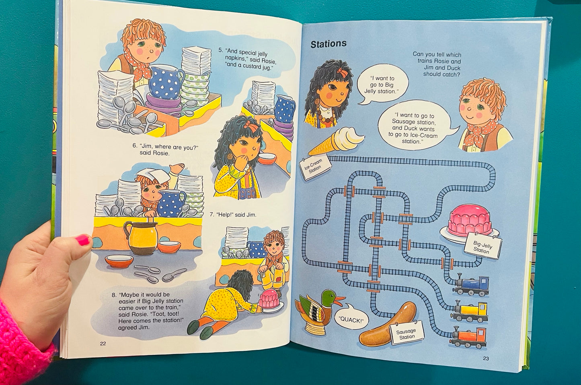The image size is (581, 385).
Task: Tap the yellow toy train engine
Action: pos(470,312)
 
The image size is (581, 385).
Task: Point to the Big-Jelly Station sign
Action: pos(483,247)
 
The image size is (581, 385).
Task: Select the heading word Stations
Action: pos(328,44)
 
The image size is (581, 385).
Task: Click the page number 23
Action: pos(486,358)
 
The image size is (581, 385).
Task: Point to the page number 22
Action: pos(103,344)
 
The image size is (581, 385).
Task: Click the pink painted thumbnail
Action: pos(83,240)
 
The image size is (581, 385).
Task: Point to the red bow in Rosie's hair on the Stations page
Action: pos(343,72)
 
